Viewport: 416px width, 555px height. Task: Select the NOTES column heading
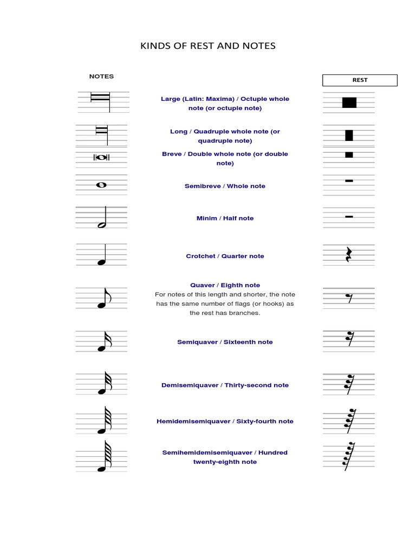(101, 76)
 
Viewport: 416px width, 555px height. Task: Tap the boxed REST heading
(360, 80)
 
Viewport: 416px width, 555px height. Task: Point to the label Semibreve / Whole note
(225, 186)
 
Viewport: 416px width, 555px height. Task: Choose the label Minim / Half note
(225, 218)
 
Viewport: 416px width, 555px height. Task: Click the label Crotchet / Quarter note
(225, 256)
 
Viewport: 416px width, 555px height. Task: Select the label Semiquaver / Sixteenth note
(225, 343)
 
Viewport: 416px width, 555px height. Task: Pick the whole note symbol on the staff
(101, 185)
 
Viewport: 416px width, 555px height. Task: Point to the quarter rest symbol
(349, 255)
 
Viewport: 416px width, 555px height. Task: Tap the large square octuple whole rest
(349, 102)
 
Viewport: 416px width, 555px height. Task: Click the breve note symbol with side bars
(102, 157)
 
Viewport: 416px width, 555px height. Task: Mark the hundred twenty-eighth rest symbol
(348, 456)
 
